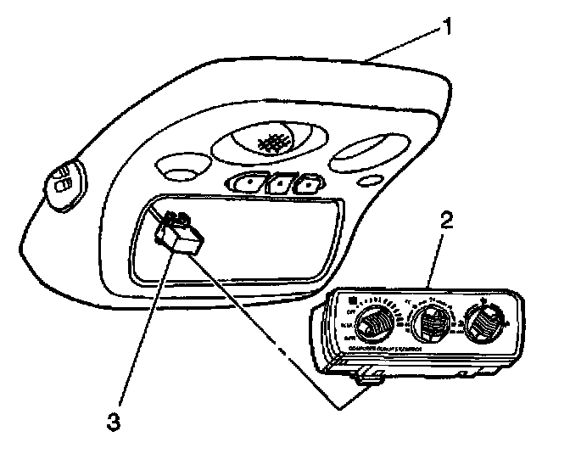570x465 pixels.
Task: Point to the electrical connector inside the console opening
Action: point(177,233)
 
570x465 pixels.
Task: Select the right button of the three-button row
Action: point(309,182)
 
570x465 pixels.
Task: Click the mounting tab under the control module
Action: point(368,377)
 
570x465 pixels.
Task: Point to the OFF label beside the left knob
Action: point(346,311)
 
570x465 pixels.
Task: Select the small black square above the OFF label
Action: point(349,300)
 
